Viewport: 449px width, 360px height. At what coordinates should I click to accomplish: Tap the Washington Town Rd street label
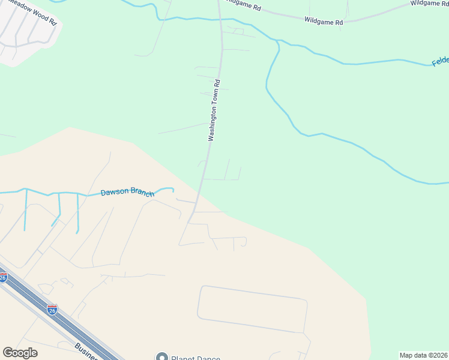pyautogui.click(x=215, y=110)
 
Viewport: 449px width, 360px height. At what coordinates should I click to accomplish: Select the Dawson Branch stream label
pyautogui.click(x=127, y=193)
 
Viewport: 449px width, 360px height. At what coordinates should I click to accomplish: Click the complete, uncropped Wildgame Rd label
pyautogui.click(x=323, y=22)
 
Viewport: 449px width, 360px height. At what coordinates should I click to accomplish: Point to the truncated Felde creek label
pyautogui.click(x=440, y=62)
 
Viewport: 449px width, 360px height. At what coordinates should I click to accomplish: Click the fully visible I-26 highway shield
pyautogui.click(x=52, y=310)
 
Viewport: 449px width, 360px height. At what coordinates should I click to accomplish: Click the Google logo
pyautogui.click(x=20, y=353)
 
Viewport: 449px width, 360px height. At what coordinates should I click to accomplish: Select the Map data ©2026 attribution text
pyautogui.click(x=424, y=355)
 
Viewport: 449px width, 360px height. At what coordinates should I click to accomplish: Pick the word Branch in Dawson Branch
pyautogui.click(x=140, y=193)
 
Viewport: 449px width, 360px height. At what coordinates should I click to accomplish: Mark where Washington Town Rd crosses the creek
pyautogui.click(x=220, y=20)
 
